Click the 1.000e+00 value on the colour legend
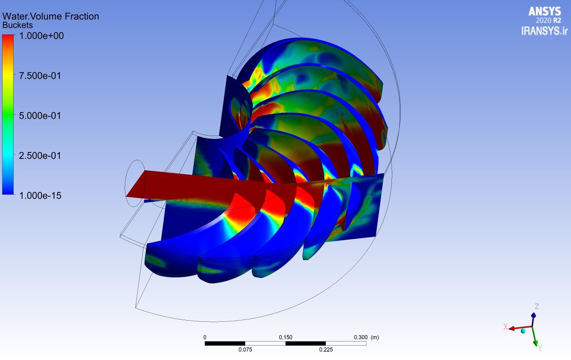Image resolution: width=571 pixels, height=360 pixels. pyautogui.click(x=41, y=36)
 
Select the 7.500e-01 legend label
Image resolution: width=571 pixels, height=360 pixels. pyautogui.click(x=40, y=76)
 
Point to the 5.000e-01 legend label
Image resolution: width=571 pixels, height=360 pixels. pyautogui.click(x=40, y=116)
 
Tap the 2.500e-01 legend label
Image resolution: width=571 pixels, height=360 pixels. pyautogui.click(x=40, y=155)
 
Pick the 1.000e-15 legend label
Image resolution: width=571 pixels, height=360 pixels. pyautogui.click(x=40, y=196)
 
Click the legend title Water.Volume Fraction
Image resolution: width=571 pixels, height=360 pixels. pyautogui.click(x=51, y=16)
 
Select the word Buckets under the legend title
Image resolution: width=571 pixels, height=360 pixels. pyautogui.click(x=18, y=25)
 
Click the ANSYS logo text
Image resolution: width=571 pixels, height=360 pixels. pyautogui.click(x=544, y=12)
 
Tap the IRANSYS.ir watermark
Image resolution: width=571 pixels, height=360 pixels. pyautogui.click(x=544, y=31)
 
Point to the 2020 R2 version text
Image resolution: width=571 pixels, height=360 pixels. pyautogui.click(x=548, y=21)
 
